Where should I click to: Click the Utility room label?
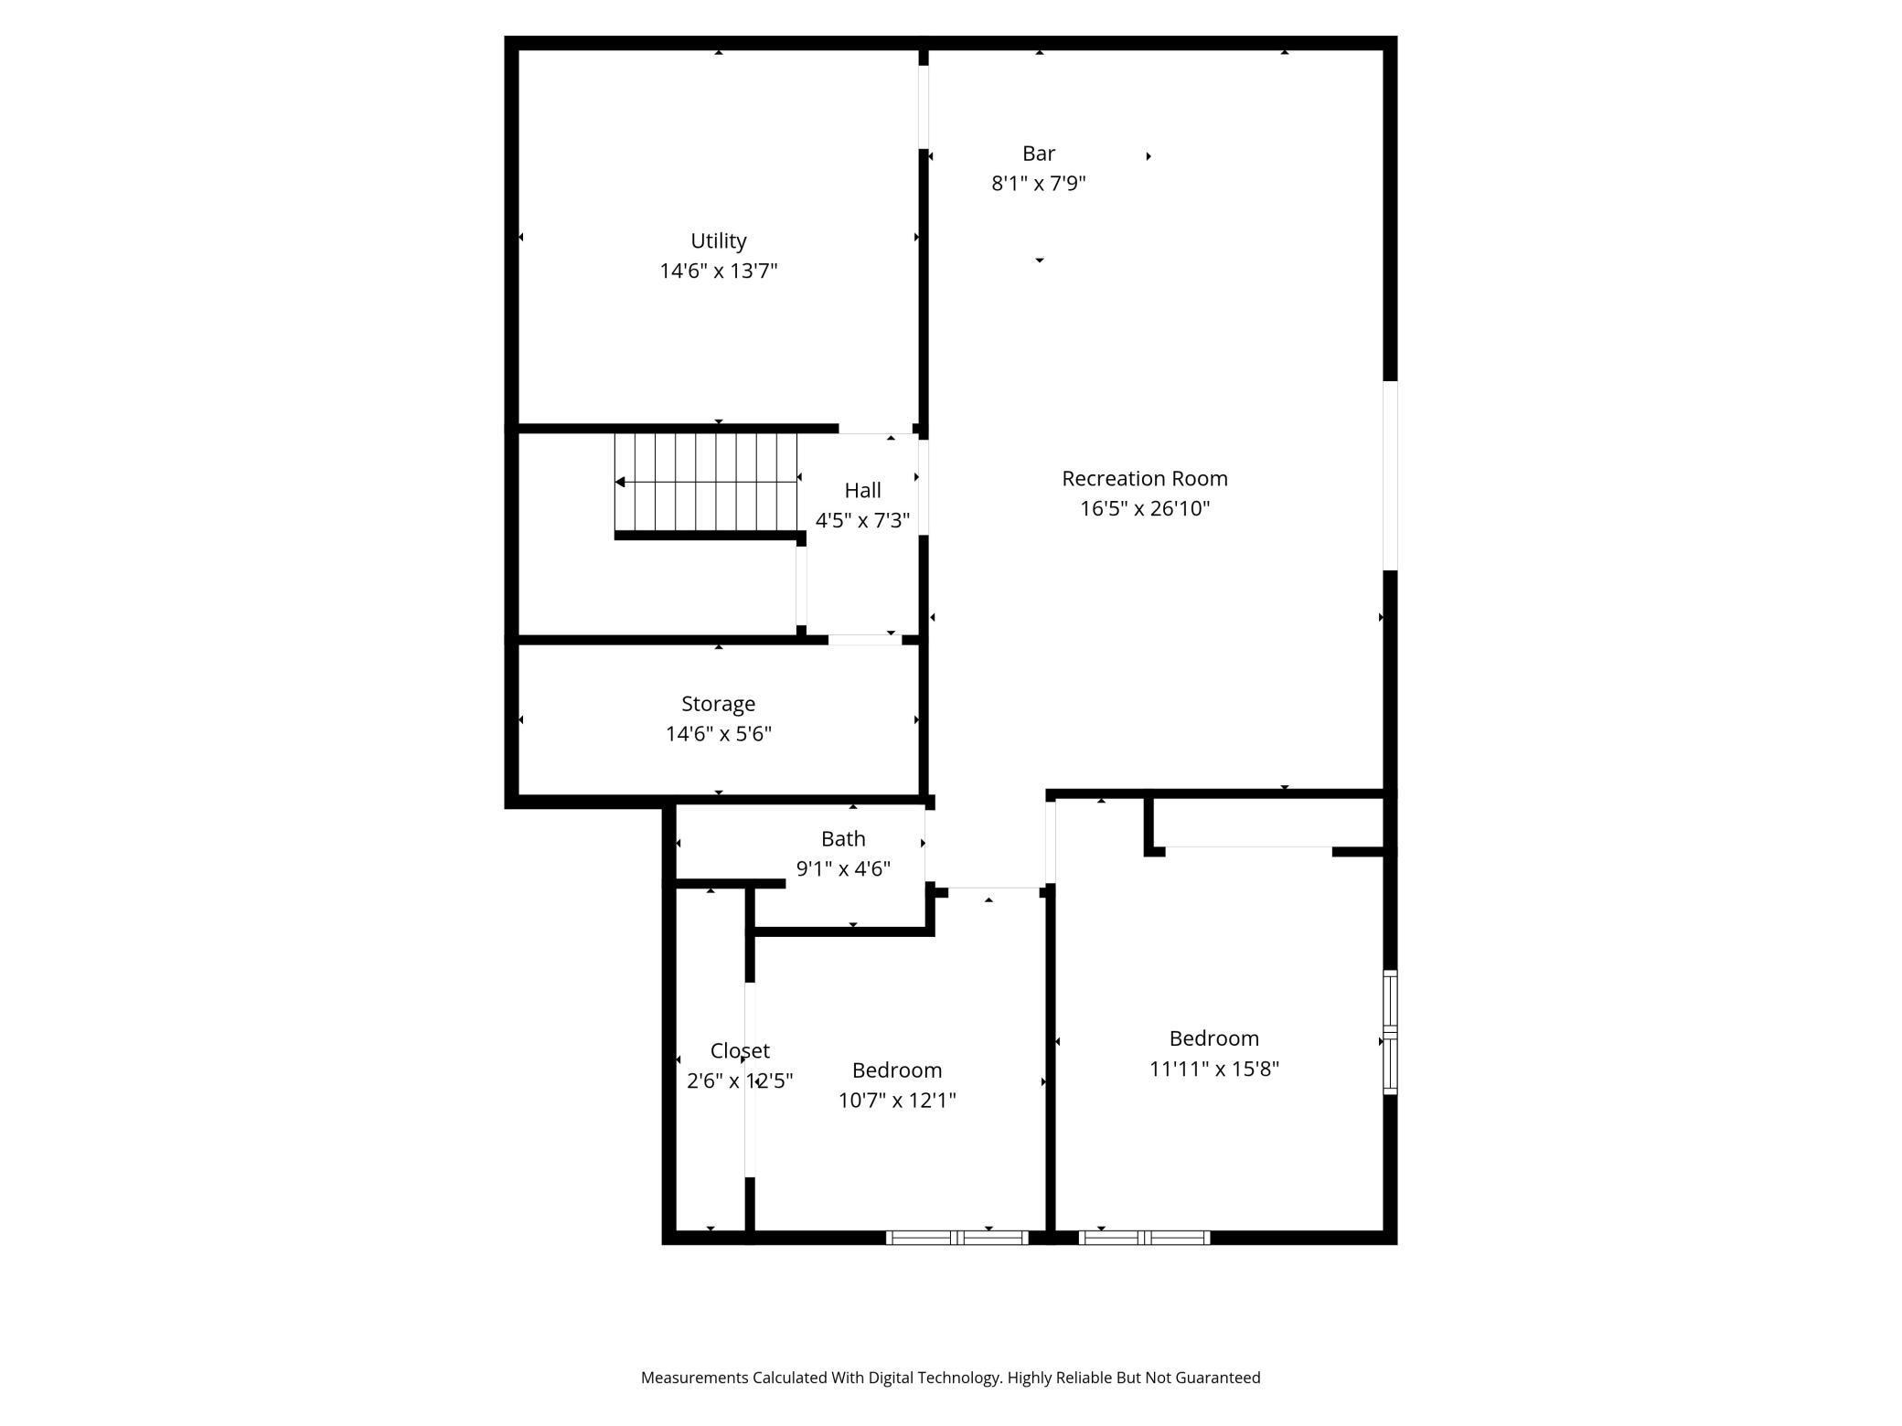coord(718,240)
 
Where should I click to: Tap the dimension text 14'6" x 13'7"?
coord(718,271)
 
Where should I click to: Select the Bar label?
coord(1038,154)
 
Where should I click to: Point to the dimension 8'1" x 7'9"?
coord(1038,184)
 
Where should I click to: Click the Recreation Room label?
coord(1144,478)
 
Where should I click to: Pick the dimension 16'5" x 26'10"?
coord(1144,508)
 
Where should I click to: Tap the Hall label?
coord(862,490)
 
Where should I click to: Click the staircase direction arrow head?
coord(620,482)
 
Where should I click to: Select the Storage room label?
coord(718,704)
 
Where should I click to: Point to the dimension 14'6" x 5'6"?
coord(718,734)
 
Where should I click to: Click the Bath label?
coord(842,838)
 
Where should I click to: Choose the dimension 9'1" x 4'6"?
coord(842,868)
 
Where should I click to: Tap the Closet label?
coord(740,1050)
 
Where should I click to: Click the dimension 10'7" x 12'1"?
coord(896,1100)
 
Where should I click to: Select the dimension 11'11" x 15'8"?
coord(1213,1069)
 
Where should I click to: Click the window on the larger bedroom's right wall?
coord(1390,1032)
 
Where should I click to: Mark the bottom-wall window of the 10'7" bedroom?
coord(956,1238)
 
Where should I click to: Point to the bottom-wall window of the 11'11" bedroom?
coord(1144,1238)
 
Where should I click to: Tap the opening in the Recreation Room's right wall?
coord(1390,475)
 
